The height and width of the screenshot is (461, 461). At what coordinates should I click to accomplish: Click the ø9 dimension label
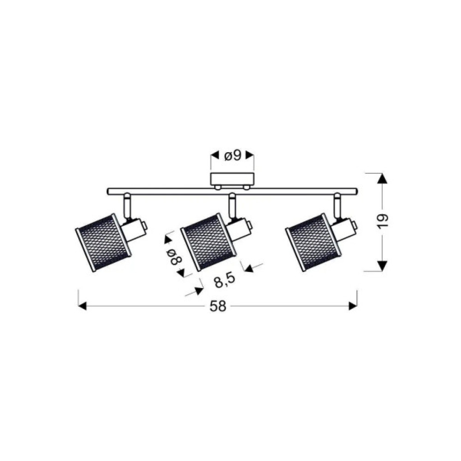[233, 155]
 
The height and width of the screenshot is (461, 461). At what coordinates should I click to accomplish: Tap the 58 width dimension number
[218, 307]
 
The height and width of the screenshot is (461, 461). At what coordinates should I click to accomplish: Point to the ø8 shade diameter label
[174, 257]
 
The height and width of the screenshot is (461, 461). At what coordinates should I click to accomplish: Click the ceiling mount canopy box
[232, 179]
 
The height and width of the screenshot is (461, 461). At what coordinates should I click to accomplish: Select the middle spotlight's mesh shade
[208, 242]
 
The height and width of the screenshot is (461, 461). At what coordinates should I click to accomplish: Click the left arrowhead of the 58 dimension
[83, 306]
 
